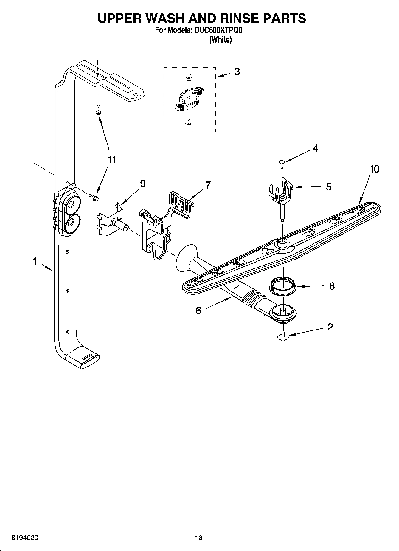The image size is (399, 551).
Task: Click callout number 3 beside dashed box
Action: click(x=237, y=72)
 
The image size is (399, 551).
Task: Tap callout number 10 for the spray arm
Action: click(x=375, y=169)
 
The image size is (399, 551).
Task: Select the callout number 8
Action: click(x=332, y=286)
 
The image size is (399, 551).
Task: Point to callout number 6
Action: click(x=198, y=311)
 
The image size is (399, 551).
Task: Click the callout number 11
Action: click(x=112, y=160)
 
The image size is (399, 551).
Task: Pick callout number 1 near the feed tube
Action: click(x=35, y=262)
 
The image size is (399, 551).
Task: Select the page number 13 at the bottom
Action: click(x=199, y=538)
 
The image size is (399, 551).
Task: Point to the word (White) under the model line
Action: click(x=220, y=40)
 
